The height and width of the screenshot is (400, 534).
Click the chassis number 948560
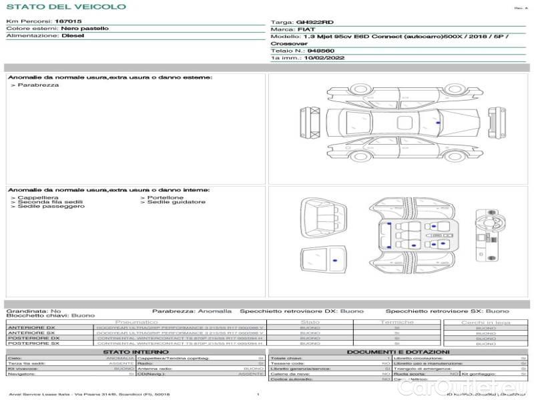coord(321,51)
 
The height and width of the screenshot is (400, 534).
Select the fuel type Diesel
coord(73,36)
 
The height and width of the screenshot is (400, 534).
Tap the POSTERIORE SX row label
coord(31,343)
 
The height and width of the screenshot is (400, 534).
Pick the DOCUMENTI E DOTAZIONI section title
coord(398,351)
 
